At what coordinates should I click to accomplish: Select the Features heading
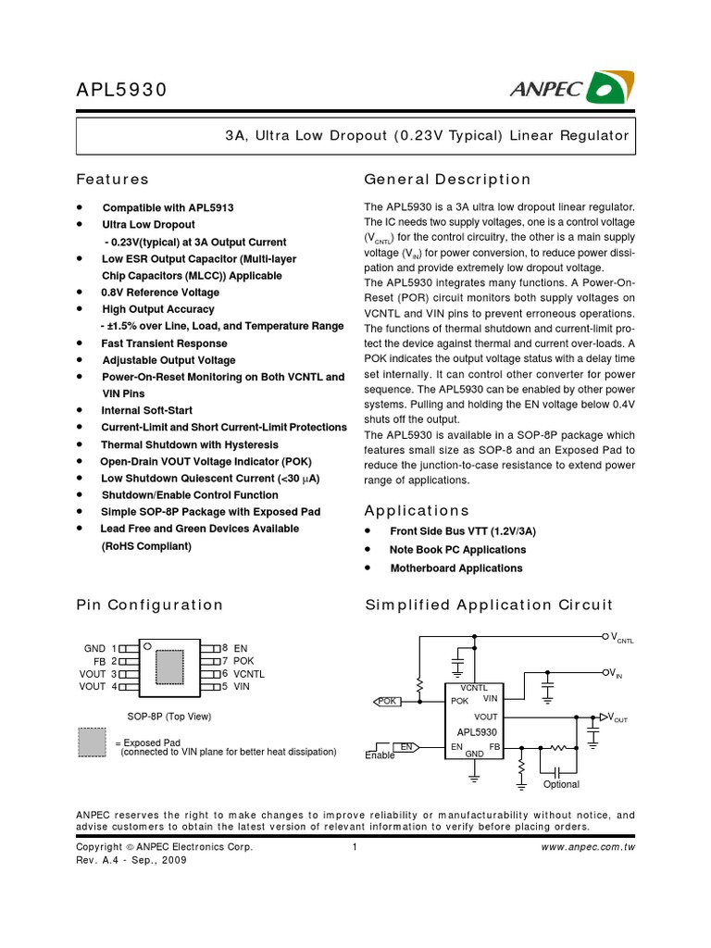pyautogui.click(x=112, y=180)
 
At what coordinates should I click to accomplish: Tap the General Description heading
pyautogui.click(x=448, y=180)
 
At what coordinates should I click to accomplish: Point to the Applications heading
pyautogui.click(x=417, y=511)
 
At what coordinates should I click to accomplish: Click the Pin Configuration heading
pyautogui.click(x=149, y=605)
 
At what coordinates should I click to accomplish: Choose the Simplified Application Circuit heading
pyautogui.click(x=489, y=605)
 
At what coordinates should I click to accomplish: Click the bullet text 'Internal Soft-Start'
pyautogui.click(x=148, y=410)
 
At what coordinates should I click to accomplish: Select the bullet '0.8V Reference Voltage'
pyautogui.click(x=160, y=293)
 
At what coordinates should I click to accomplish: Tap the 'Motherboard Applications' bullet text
pyautogui.click(x=456, y=568)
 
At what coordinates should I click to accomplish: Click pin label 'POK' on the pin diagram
pyautogui.click(x=243, y=661)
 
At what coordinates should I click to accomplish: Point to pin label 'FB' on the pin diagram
pyautogui.click(x=100, y=661)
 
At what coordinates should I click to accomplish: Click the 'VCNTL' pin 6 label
pyautogui.click(x=249, y=674)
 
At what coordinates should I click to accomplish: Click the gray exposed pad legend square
pyautogui.click(x=92, y=743)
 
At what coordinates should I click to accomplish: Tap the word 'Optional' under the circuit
pyautogui.click(x=561, y=784)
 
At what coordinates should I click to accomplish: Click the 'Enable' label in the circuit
pyautogui.click(x=380, y=755)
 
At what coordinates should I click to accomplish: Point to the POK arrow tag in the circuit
pyautogui.click(x=387, y=702)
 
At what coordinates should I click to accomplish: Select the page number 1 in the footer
pyautogui.click(x=355, y=847)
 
